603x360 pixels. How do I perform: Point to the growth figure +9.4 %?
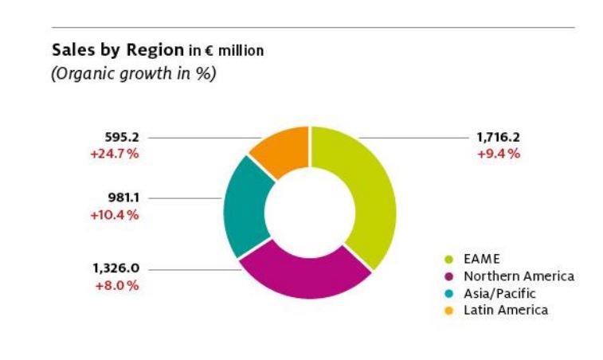pyautogui.click(x=499, y=153)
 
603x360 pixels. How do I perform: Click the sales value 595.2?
pyautogui.click(x=122, y=137)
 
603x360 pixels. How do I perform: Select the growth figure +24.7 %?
pyautogui.click(x=115, y=153)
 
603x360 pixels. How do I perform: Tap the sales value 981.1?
pyautogui.click(x=123, y=198)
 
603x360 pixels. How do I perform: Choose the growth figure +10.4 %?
pyautogui.click(x=115, y=214)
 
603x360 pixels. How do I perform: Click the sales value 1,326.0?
pyautogui.click(x=116, y=268)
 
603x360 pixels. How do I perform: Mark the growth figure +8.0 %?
pyautogui.click(x=117, y=284)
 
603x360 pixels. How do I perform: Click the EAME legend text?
pyautogui.click(x=481, y=259)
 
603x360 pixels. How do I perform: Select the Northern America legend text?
pyautogui.click(x=519, y=276)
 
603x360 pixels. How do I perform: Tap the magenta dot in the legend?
pyautogui.click(x=449, y=276)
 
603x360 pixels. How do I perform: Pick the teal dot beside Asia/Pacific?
pyautogui.click(x=449, y=293)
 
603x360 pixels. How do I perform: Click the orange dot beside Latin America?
pyautogui.click(x=449, y=310)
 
